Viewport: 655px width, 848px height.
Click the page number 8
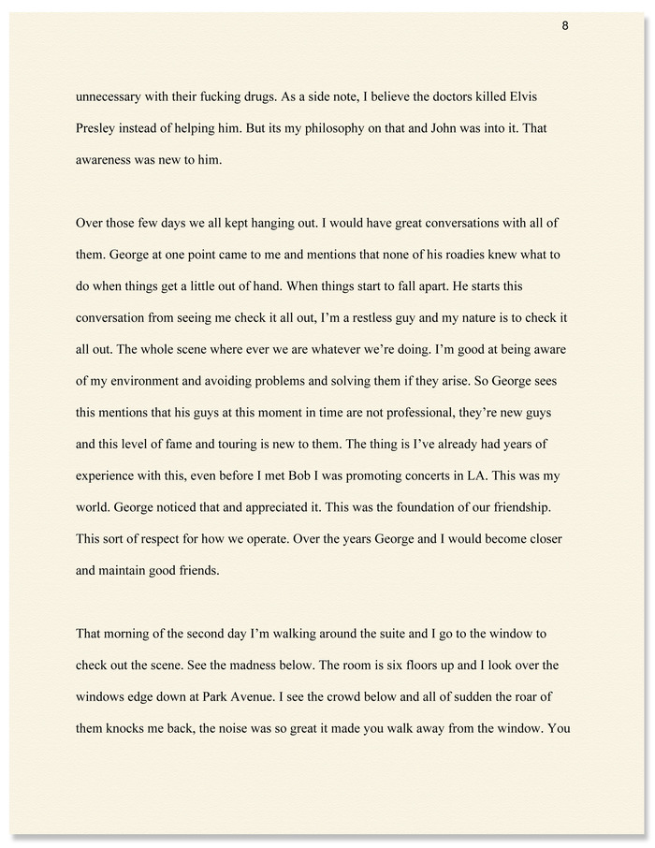pyautogui.click(x=565, y=25)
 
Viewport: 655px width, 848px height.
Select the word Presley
pyautogui.click(x=99, y=128)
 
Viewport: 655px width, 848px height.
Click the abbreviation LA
pyautogui.click(x=477, y=476)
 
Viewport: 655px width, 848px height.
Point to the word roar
pyautogui.click(x=534, y=697)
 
